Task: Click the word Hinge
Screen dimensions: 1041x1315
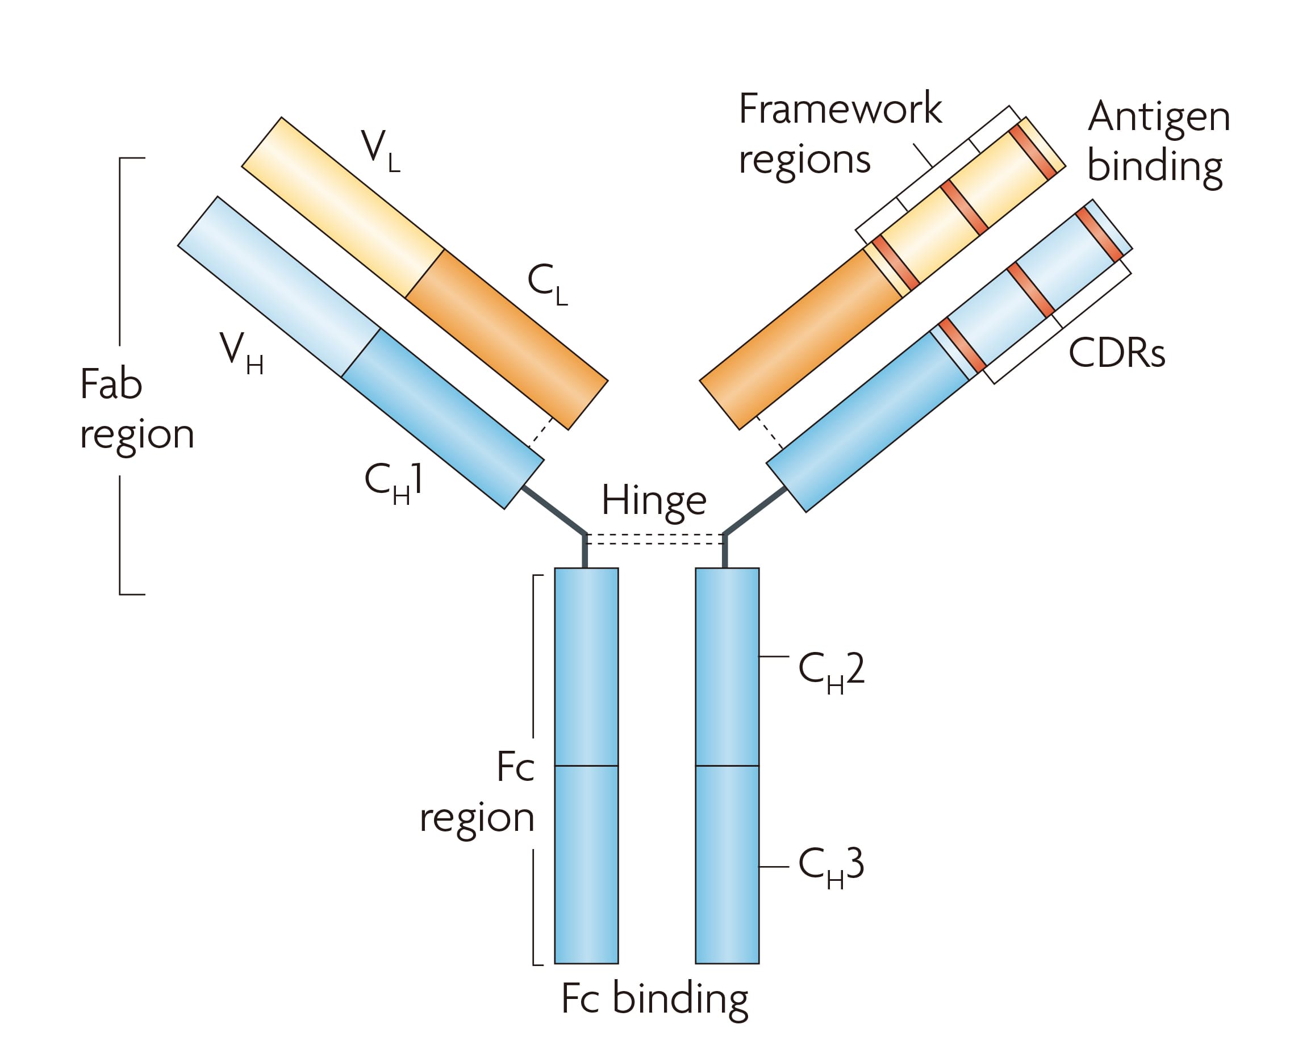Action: [654, 501]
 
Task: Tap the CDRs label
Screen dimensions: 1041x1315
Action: [1116, 353]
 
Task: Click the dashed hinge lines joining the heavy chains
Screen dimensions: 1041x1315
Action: [655, 539]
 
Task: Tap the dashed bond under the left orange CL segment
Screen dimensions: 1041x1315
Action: [540, 433]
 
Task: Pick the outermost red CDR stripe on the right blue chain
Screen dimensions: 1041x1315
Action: [1099, 235]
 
